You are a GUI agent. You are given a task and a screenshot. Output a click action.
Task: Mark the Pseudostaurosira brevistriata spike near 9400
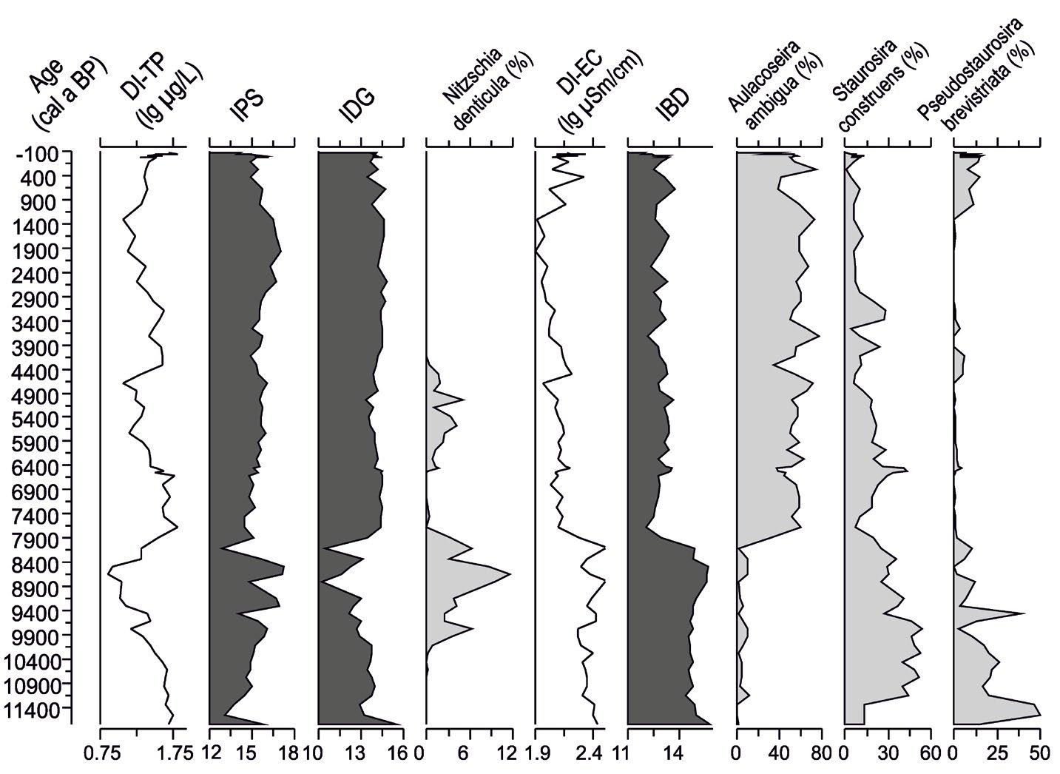click(x=1024, y=613)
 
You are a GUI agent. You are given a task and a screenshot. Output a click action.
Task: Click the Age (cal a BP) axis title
click(x=59, y=92)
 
